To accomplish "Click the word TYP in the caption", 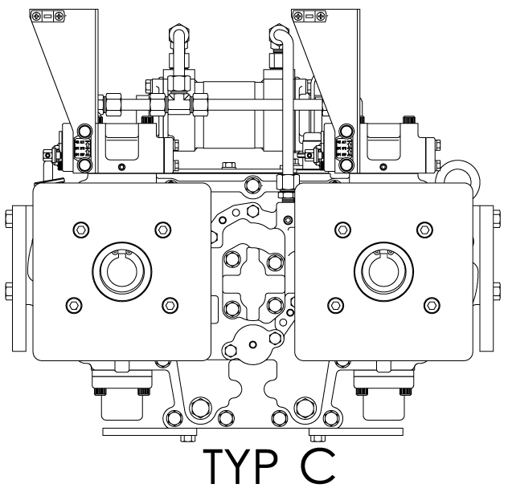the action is point(240,466).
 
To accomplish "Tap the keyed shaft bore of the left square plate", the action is point(122,271).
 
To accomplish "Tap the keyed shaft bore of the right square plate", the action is point(383,271).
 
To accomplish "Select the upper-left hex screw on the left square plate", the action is point(81,230).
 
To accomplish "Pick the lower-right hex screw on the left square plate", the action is point(170,305).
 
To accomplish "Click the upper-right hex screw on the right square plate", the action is point(424,230).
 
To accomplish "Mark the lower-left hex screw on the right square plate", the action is point(336,305).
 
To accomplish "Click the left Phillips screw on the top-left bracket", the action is point(37,15).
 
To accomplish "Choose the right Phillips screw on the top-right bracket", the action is point(321,15).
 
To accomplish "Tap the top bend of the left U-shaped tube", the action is point(179,30).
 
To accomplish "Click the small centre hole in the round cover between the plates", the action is point(253,344).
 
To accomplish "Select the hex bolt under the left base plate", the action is point(188,439).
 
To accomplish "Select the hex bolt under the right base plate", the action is point(317,439).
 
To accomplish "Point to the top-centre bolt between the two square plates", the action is point(252,185).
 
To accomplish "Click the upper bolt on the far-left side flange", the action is point(9,218).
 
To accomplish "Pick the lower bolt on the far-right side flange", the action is point(496,291).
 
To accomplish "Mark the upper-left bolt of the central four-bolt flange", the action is point(232,259).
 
